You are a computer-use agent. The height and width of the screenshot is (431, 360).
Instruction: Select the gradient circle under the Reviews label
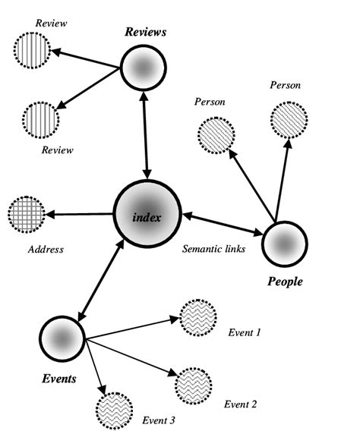click(143, 69)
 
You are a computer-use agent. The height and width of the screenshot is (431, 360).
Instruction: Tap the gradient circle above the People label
click(285, 244)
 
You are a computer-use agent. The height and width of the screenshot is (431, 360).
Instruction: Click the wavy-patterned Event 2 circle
click(194, 385)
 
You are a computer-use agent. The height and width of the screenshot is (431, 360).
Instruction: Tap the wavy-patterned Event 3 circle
click(115, 411)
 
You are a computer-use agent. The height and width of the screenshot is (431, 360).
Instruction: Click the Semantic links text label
click(213, 249)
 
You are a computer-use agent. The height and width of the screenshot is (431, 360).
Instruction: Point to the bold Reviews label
click(145, 33)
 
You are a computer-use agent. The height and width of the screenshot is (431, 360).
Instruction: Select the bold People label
click(286, 282)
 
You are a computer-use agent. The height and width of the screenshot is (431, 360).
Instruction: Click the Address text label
click(45, 249)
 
